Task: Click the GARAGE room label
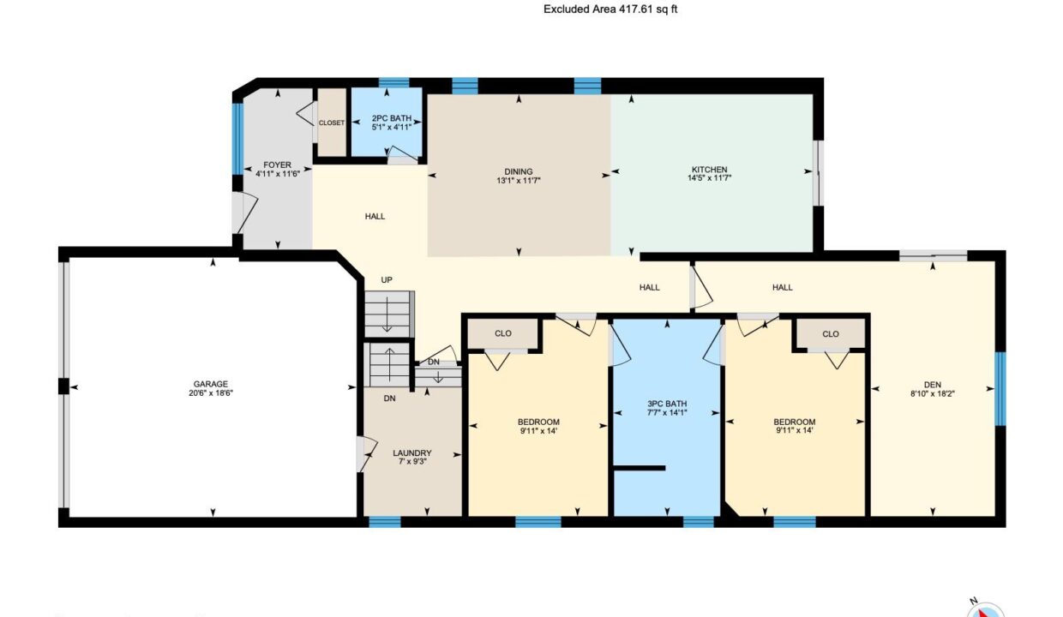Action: tap(211, 384)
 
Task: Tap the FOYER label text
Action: tap(277, 165)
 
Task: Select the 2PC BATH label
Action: tap(392, 118)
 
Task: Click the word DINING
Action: tap(518, 171)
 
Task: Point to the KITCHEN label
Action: tap(710, 170)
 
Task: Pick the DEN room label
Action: tap(933, 385)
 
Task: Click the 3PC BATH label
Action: tap(667, 404)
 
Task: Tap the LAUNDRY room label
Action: tap(411, 453)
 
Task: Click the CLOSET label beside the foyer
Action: tap(332, 123)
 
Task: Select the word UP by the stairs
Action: tap(387, 280)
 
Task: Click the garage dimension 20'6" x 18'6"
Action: tap(211, 393)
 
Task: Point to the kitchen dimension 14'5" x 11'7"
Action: tap(710, 178)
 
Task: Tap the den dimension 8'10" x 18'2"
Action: tap(933, 393)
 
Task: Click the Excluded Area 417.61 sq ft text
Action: tap(610, 9)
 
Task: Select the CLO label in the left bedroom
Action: tap(503, 333)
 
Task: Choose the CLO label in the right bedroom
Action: tap(831, 334)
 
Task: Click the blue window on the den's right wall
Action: tap(1000, 389)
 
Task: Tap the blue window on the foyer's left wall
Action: tap(237, 139)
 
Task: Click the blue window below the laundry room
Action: tap(385, 522)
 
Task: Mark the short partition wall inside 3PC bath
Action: tap(640, 468)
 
